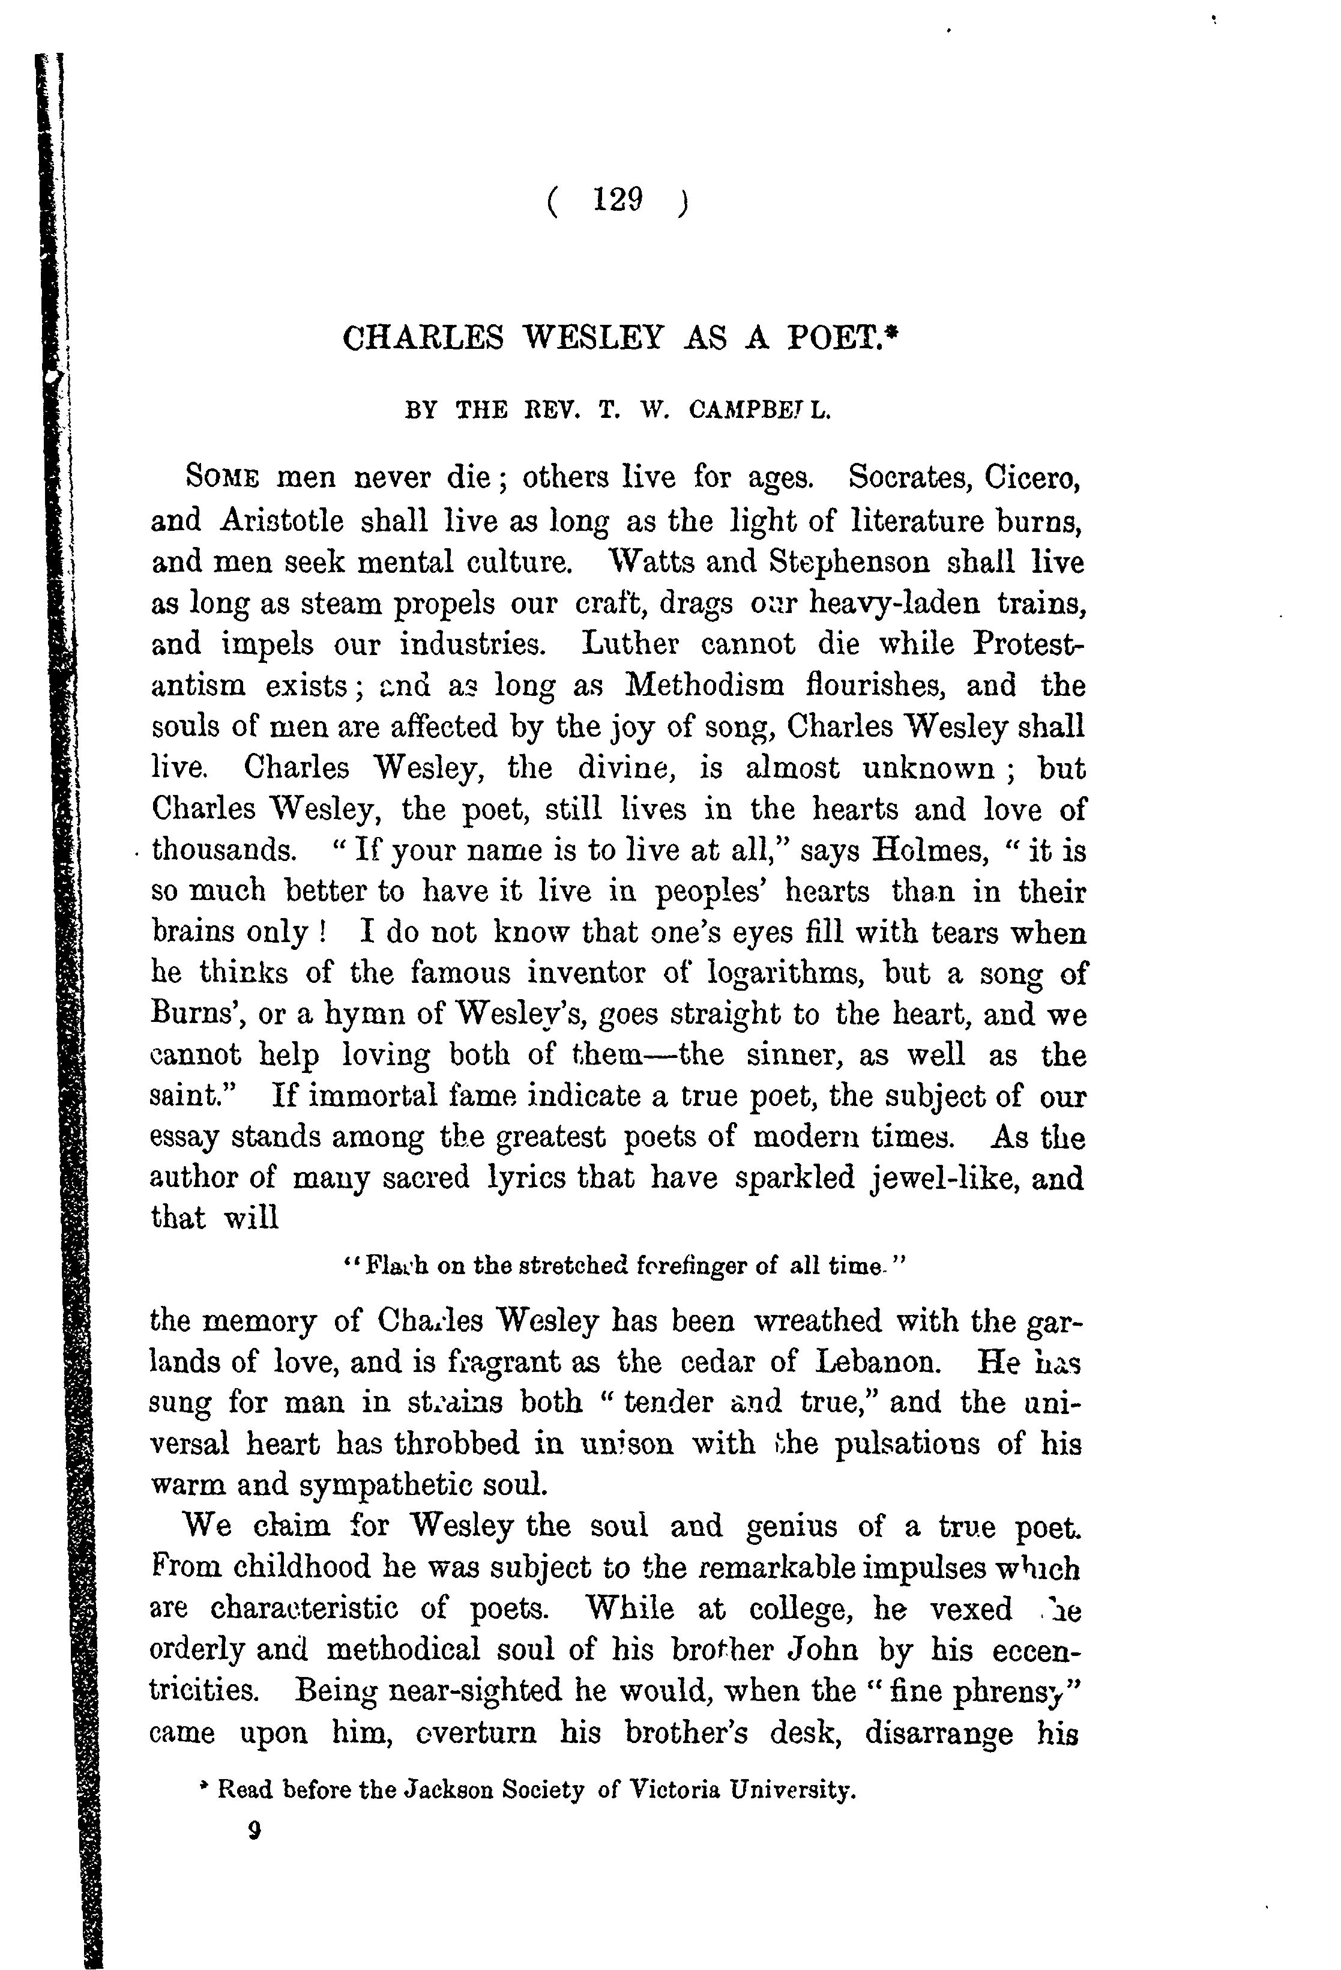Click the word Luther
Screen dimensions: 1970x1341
tap(631, 644)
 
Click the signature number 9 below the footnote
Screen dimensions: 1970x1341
tap(253, 1831)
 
